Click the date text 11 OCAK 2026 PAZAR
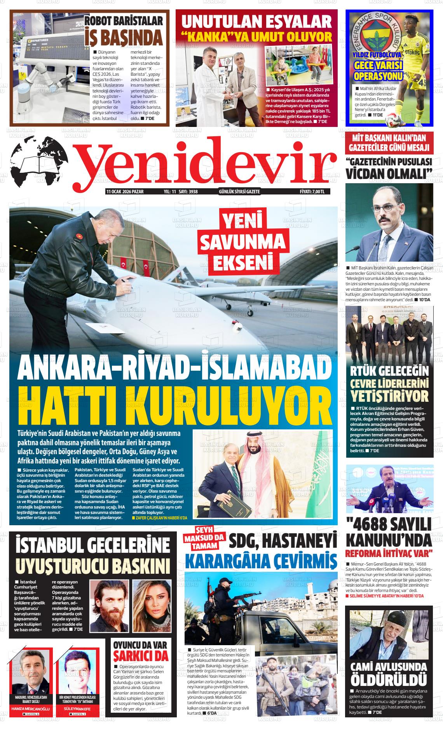[x=125, y=192]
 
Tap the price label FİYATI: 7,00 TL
[x=314, y=192]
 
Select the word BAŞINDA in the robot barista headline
[x=124, y=38]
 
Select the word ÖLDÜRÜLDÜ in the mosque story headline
[x=389, y=680]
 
